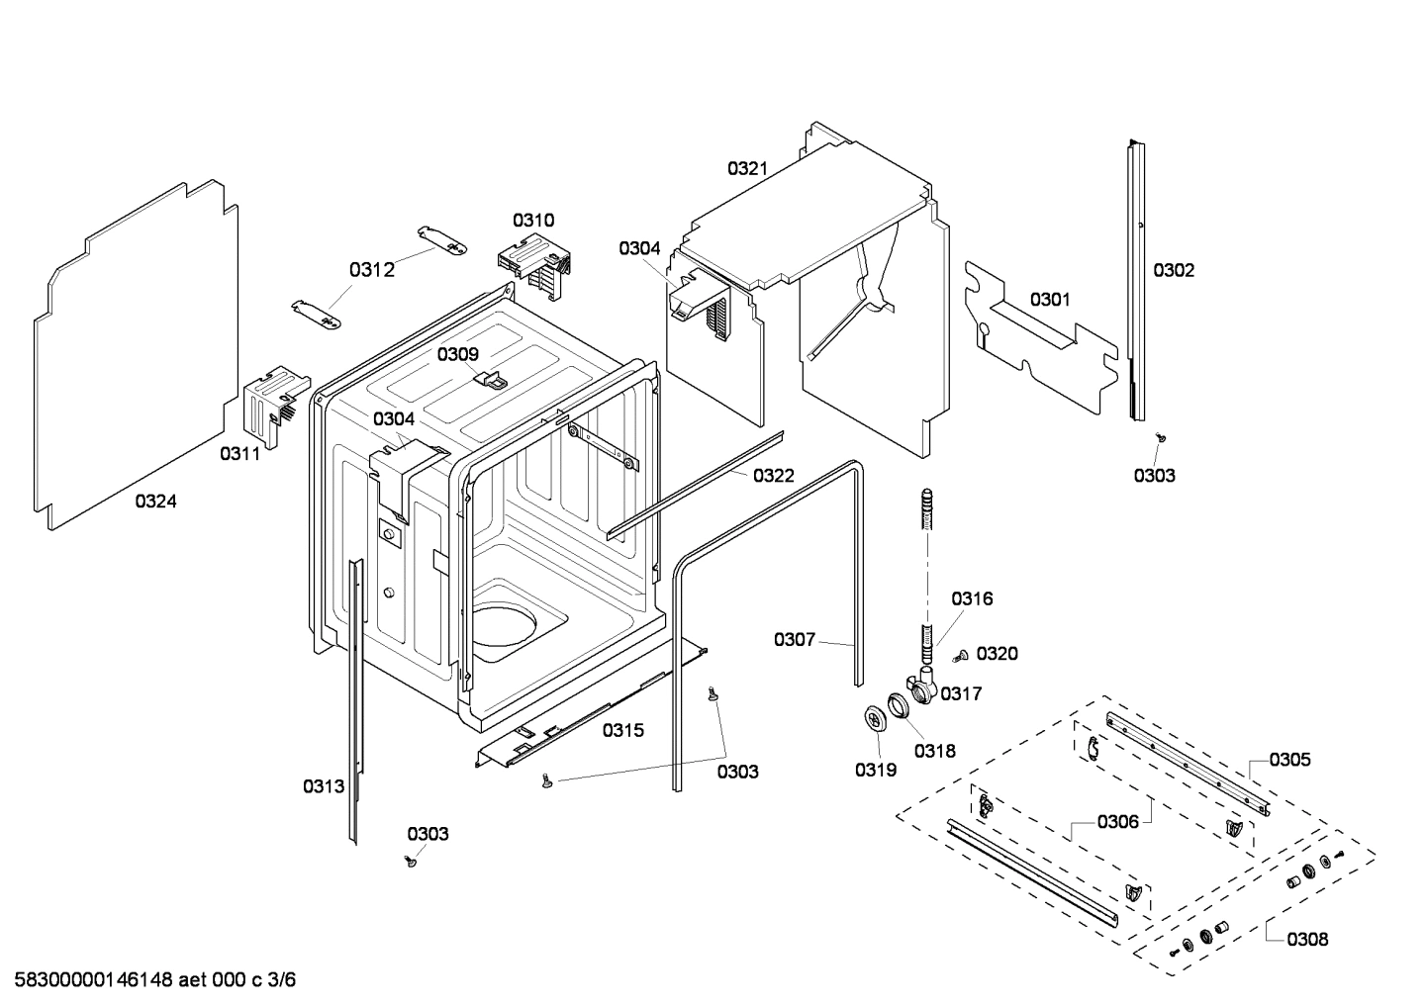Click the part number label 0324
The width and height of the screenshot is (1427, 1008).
coord(155,502)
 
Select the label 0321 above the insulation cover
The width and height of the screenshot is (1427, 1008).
coord(747,168)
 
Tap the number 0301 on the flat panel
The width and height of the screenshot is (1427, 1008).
coord(1049,299)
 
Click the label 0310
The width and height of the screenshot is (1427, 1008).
coord(533,220)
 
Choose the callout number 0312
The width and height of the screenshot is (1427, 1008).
coord(371,270)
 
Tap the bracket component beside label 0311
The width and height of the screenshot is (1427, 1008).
coord(268,401)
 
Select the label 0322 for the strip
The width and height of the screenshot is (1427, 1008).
coord(773,476)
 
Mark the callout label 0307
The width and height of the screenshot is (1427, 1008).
coord(794,639)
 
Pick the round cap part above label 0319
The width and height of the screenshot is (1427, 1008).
coord(874,719)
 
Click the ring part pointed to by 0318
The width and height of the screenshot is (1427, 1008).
coord(900,706)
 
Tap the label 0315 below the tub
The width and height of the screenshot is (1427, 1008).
coord(622,730)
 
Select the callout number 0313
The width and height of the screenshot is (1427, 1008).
coord(324,786)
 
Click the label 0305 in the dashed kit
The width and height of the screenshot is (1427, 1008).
coord(1289,759)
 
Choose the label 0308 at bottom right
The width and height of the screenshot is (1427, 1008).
coord(1307,939)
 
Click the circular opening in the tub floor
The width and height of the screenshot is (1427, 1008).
coord(504,632)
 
